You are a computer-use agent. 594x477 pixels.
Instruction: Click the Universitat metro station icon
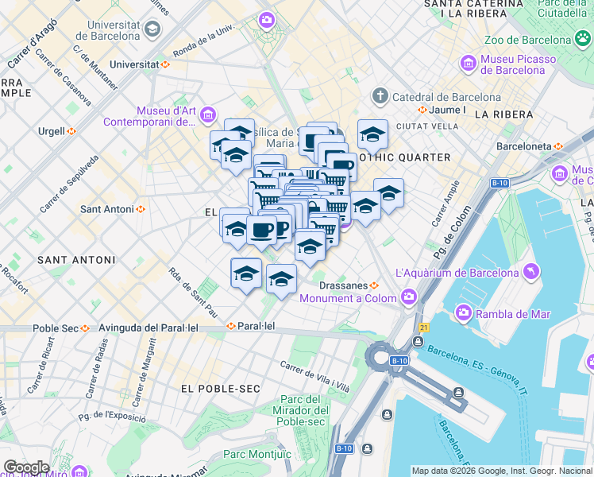[x=165, y=64]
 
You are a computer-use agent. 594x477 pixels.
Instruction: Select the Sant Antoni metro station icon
[x=141, y=209]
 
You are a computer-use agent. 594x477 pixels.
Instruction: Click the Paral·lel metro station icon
[x=231, y=326]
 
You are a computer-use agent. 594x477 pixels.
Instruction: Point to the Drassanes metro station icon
[x=374, y=285]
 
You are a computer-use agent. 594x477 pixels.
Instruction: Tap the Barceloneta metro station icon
[x=558, y=146]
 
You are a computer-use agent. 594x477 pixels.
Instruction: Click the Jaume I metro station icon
[x=423, y=110]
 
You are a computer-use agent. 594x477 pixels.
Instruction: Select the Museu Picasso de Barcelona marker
[x=469, y=63]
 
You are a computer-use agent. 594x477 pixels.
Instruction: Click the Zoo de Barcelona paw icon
[x=584, y=39]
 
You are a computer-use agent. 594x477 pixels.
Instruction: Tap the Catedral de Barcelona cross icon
[x=380, y=97]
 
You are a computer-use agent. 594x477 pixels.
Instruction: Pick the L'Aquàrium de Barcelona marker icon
[x=530, y=273]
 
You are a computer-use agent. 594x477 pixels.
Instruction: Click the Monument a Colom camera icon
[x=409, y=298]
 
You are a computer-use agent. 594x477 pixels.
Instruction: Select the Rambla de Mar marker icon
[x=463, y=313]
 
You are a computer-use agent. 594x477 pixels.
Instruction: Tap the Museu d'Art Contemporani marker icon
[x=207, y=116]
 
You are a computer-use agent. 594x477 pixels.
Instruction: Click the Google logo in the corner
[x=26, y=467]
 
